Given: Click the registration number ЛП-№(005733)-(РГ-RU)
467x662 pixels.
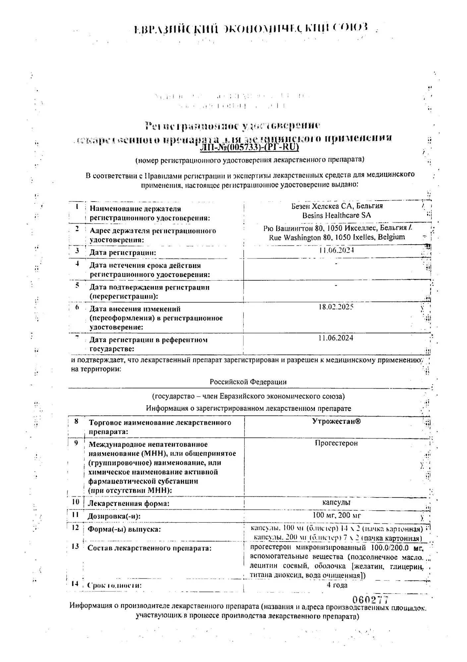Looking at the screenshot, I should pos(250,147).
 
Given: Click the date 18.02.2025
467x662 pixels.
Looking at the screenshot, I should pos(336,307).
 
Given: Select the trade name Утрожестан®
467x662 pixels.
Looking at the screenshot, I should pos(336,421).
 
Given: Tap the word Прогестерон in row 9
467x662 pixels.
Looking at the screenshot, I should pos(336,443).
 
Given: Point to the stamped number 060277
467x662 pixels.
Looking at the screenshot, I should pos(370,599).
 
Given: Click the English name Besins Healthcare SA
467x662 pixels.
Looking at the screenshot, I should pos(336,215).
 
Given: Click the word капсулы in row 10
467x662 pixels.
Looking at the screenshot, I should pos(336,502).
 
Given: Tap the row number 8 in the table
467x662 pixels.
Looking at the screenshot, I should pos(77,422).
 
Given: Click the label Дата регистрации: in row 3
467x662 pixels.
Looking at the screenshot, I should pos(123,253).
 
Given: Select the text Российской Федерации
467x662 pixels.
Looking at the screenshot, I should pos(248,382).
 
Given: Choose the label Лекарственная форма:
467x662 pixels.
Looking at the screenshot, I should pos(128,504).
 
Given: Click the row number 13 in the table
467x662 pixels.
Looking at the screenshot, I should pos(75,546).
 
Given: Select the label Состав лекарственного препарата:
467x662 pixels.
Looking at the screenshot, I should pos(149,548).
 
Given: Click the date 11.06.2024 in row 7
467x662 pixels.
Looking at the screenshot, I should pos(336,338).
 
